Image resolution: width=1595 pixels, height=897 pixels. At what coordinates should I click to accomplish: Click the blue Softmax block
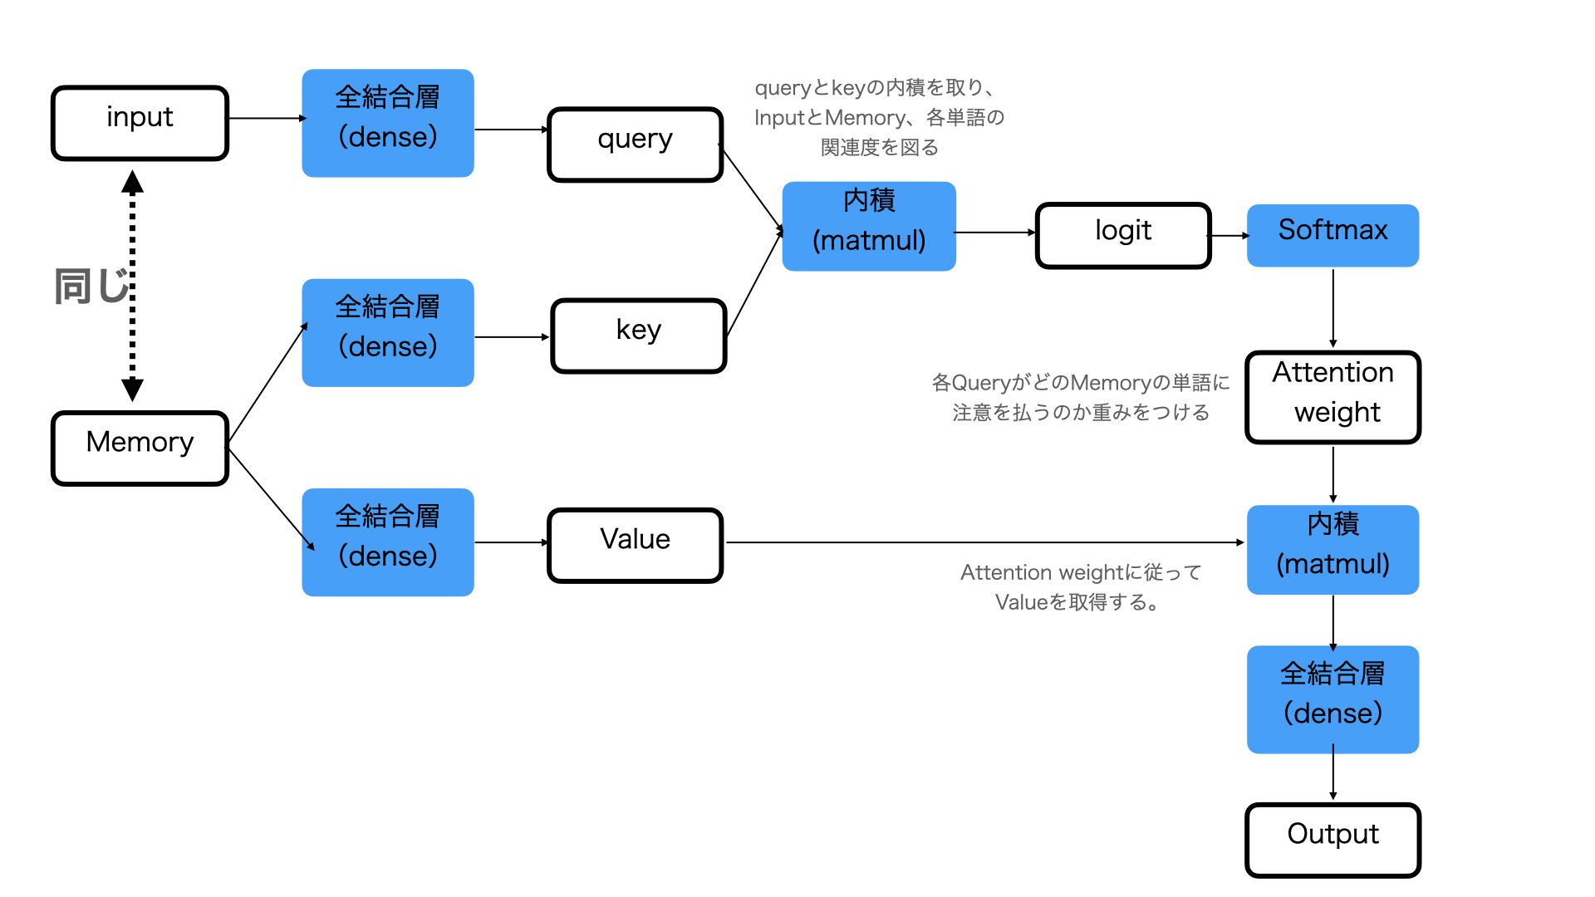point(1332,236)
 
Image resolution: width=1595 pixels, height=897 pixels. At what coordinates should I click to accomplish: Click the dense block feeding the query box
point(388,123)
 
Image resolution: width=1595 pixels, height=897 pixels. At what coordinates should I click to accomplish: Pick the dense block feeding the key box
point(388,333)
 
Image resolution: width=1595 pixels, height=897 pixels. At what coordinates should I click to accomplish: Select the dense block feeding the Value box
point(388,542)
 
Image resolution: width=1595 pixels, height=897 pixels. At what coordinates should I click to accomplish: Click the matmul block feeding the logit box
point(869,226)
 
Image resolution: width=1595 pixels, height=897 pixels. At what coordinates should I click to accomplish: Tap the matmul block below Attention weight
point(1332,550)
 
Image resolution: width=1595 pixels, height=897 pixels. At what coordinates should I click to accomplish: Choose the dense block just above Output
point(1332,699)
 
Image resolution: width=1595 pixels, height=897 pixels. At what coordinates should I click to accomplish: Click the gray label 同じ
point(91,287)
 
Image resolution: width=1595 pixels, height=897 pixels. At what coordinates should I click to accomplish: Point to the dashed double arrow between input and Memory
point(132,286)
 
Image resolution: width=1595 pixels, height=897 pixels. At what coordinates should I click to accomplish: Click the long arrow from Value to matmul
point(985,542)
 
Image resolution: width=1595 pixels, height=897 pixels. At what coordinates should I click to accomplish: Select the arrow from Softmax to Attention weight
point(1332,308)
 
